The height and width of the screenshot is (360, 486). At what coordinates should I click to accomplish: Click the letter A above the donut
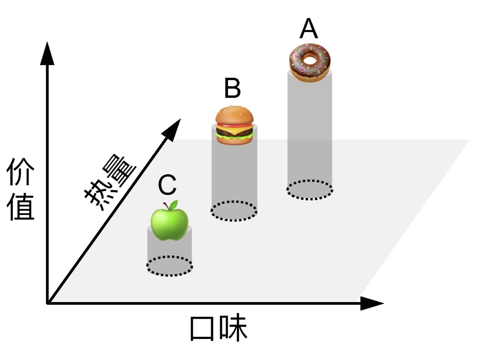[x=309, y=29]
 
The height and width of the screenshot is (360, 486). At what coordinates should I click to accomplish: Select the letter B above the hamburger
[x=233, y=89]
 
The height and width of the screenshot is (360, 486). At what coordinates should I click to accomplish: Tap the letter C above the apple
[x=167, y=185]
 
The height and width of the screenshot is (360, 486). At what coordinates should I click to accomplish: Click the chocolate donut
[x=310, y=63]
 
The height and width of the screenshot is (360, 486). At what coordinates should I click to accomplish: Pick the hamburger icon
[x=235, y=125]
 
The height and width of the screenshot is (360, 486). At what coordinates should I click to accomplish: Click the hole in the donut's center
[x=310, y=60]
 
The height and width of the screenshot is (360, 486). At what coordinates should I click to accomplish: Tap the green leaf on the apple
[x=173, y=205]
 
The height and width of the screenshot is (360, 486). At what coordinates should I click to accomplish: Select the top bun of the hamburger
[x=235, y=116]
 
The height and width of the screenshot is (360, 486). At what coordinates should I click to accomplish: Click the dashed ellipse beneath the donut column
[x=310, y=190]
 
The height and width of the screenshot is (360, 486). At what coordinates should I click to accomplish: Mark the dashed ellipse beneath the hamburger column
[x=234, y=211]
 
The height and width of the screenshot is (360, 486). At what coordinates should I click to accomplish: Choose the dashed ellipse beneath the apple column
[x=170, y=266]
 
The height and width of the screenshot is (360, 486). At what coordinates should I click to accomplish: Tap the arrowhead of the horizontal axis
[x=371, y=303]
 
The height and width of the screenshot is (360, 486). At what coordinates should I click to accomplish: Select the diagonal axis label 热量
[x=110, y=183]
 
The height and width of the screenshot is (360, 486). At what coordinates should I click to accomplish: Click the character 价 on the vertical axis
[x=20, y=171]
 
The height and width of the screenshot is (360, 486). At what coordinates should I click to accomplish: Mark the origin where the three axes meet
[x=48, y=302]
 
